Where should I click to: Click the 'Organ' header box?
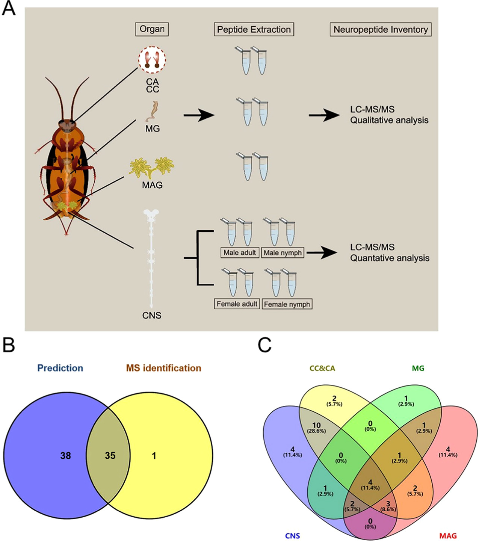pyautogui.click(x=152, y=29)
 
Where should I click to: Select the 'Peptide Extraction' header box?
pyautogui.click(x=254, y=30)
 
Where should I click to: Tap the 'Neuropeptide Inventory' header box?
pyautogui.click(x=380, y=30)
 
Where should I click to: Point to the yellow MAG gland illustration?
pyautogui.click(x=152, y=167)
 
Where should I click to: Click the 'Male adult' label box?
pyautogui.click(x=240, y=253)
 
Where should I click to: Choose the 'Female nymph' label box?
pyautogui.click(x=287, y=304)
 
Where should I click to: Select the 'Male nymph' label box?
pyautogui.click(x=283, y=253)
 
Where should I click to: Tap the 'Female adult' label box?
pyautogui.click(x=237, y=304)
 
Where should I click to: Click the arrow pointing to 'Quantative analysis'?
pyautogui.click(x=322, y=253)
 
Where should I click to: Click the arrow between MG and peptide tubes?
pyautogui.click(x=199, y=115)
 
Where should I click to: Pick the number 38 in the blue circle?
pyautogui.click(x=66, y=456)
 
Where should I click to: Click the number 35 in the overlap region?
pyautogui.click(x=110, y=456)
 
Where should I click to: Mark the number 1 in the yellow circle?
pyautogui.click(x=154, y=456)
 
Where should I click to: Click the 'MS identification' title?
pyautogui.click(x=163, y=368)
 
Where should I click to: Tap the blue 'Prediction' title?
pyautogui.click(x=60, y=368)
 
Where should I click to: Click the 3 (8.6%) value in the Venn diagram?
pyautogui.click(x=388, y=506)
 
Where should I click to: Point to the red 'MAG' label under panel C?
pyautogui.click(x=448, y=536)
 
